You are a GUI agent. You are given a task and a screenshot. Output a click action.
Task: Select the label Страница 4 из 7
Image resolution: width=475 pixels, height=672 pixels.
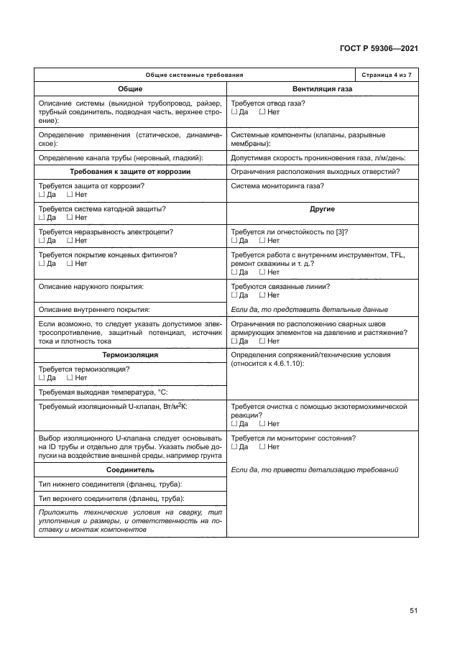point(387,75)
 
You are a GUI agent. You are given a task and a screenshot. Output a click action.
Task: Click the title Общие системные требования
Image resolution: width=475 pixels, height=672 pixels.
point(194,75)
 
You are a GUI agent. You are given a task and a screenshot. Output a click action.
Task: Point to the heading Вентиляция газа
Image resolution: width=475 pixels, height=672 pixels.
point(323,89)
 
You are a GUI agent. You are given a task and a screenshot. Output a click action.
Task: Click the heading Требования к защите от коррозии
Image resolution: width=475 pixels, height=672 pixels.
point(130,171)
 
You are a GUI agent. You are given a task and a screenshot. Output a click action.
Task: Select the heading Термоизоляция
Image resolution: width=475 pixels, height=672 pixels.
point(130,355)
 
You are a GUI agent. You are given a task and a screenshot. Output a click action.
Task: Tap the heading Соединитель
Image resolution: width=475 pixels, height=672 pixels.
point(130,469)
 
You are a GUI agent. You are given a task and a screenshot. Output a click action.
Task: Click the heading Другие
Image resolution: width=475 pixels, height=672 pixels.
point(323,209)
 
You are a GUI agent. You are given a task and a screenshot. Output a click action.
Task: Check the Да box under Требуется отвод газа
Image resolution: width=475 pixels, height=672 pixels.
point(234,113)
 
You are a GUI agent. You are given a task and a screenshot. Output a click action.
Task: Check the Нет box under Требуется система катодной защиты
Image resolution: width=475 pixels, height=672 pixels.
point(70,218)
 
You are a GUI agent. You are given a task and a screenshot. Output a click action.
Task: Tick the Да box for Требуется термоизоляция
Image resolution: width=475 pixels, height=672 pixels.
point(42,377)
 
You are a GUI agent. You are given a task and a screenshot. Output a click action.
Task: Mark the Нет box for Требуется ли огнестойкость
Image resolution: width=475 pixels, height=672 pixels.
point(262,241)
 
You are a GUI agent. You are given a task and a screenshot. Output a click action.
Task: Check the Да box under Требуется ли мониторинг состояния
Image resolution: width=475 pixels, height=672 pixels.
point(234,447)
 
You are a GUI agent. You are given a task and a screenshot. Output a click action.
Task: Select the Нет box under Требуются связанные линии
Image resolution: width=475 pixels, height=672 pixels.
point(262,295)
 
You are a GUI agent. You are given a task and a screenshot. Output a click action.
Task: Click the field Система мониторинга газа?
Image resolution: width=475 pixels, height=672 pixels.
point(277,186)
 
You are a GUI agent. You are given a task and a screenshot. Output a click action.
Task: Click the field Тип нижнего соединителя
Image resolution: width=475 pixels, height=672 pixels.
point(109,484)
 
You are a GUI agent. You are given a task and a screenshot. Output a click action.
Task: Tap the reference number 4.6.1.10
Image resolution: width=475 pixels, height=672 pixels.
point(286,364)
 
